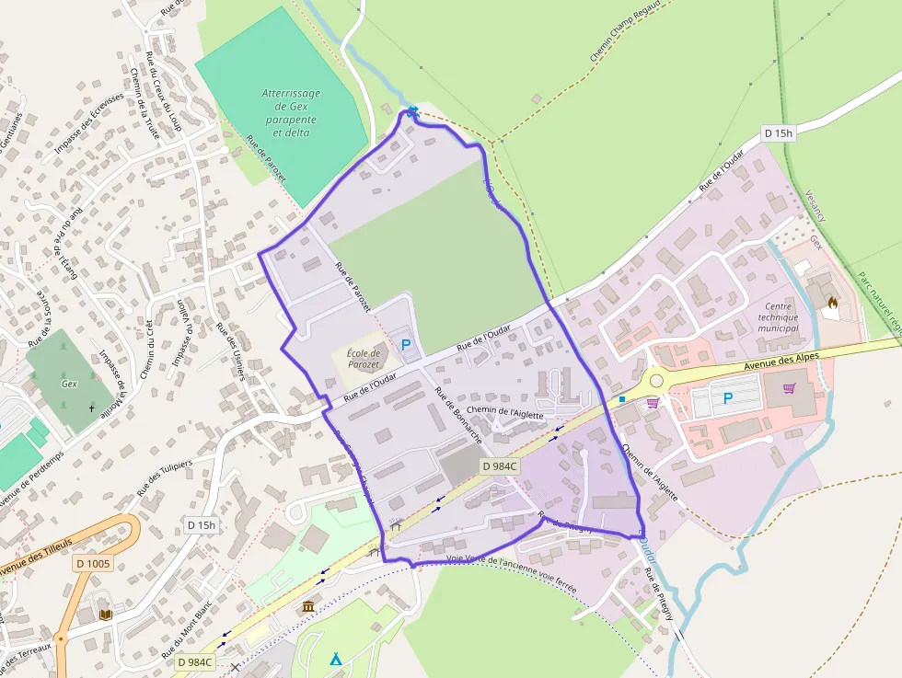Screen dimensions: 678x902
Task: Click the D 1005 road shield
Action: pyautogui.click(x=93, y=563)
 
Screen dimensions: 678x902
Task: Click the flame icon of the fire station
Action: pyautogui.click(x=832, y=301)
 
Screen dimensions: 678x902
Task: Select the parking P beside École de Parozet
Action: pyautogui.click(x=405, y=345)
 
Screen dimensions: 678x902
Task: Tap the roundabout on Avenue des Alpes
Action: pyautogui.click(x=655, y=379)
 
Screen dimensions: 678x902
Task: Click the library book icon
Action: pyautogui.click(x=106, y=614)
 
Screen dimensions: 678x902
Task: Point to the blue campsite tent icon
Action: pyautogui.click(x=336, y=659)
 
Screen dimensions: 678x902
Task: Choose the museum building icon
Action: pyautogui.click(x=308, y=606)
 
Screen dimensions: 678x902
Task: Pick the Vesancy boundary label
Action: pyautogui.click(x=815, y=205)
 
